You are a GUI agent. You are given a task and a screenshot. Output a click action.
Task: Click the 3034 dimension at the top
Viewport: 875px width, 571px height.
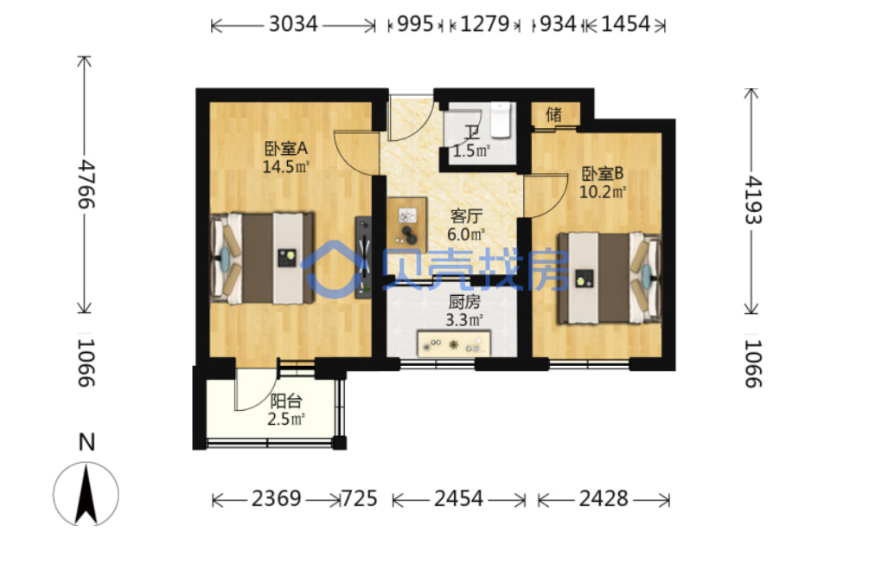tap(293, 24)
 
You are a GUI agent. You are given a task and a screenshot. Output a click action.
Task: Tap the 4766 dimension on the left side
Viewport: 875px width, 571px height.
tap(86, 184)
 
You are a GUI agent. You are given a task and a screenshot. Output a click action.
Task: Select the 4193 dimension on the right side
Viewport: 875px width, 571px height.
tap(753, 200)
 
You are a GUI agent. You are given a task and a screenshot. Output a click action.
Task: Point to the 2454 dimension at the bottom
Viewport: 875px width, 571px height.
tap(458, 498)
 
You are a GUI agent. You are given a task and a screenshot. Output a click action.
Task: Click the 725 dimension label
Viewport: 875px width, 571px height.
tap(359, 498)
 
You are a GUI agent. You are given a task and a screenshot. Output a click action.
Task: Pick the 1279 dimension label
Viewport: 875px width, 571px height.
tap(484, 24)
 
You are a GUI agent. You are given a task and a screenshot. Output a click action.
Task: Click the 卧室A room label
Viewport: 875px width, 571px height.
tap(285, 149)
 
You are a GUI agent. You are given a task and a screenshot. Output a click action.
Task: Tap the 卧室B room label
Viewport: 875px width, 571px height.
tap(602, 174)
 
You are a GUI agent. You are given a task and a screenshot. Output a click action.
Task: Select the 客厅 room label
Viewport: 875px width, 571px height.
tap(466, 215)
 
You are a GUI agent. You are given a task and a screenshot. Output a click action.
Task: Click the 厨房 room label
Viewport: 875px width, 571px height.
tap(464, 302)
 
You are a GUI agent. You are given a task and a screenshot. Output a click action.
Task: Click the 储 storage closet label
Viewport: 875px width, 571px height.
tap(553, 114)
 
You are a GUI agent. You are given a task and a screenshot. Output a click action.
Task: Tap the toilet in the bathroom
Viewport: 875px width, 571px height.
tap(501, 119)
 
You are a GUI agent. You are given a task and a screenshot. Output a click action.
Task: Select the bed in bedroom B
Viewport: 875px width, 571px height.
tap(610, 278)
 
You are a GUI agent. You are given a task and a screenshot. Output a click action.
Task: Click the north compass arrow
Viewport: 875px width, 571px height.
tap(86, 495)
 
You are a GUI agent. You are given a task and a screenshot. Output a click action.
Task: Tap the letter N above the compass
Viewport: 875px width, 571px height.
tap(86, 442)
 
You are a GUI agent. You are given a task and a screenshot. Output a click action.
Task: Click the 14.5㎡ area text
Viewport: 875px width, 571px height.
tap(285, 166)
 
